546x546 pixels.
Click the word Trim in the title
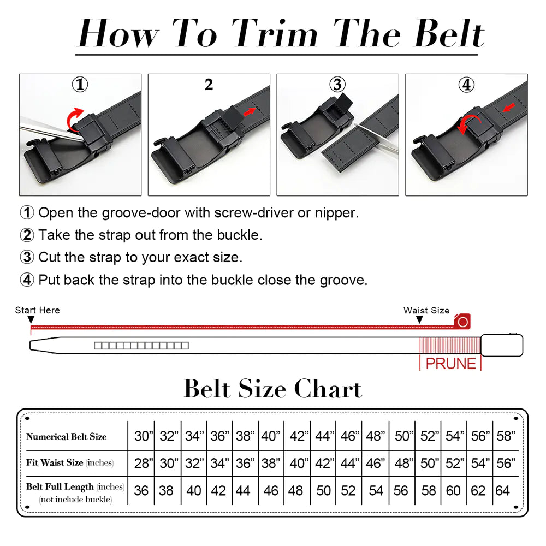271,34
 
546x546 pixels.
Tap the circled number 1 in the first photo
80,85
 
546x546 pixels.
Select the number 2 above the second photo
209,85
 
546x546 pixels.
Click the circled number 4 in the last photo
466,85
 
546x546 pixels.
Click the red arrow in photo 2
249,112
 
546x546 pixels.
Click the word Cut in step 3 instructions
50,257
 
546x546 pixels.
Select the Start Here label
37,310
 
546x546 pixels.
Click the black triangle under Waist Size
419,319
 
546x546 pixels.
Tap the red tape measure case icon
462,322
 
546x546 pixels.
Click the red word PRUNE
450,364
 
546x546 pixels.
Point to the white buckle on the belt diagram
502,345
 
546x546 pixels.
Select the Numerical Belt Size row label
66,436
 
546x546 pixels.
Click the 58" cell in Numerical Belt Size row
506,436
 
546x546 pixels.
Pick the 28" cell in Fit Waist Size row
143,464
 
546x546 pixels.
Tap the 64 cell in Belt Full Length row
502,490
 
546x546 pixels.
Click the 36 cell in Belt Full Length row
141,490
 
